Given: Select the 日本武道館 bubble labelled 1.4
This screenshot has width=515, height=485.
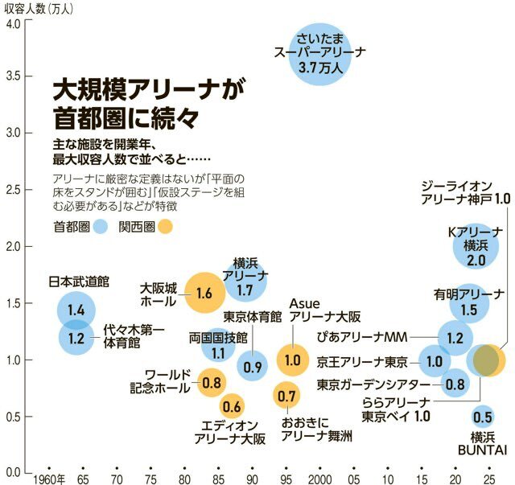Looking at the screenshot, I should coord(76,310).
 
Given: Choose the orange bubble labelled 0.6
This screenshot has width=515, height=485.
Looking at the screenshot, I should coord(232,406).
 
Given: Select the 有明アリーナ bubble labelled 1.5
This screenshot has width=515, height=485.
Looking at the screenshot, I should coord(469,308).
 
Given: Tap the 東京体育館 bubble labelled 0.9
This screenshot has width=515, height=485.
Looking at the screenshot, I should coord(253,367).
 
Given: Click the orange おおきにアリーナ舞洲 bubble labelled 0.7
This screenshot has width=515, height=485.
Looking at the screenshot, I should coord(287,395).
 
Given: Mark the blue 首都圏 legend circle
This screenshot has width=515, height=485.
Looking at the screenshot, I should coord(100,228).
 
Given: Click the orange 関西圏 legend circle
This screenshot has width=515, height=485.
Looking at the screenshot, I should coord(164,228).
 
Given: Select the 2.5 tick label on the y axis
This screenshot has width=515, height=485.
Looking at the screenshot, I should coord(13,190).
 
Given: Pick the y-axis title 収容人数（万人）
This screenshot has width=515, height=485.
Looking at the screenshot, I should coord(39,8).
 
